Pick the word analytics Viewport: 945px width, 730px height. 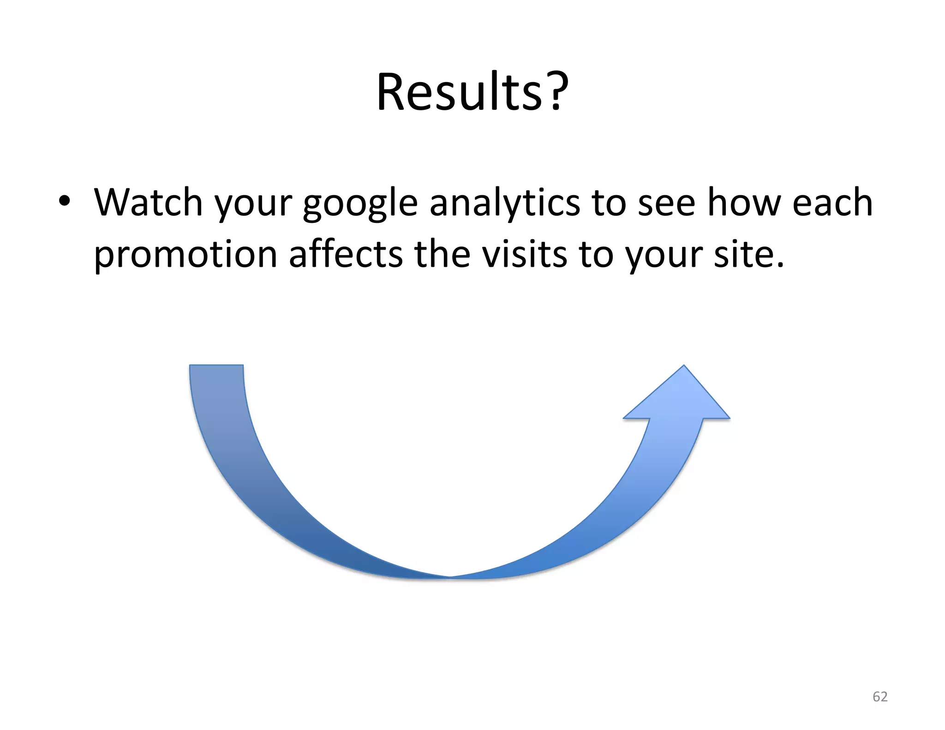pos(504,203)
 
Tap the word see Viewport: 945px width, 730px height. pos(666,203)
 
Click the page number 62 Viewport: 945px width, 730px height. pos(880,696)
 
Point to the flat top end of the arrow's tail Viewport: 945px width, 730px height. pos(216,366)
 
